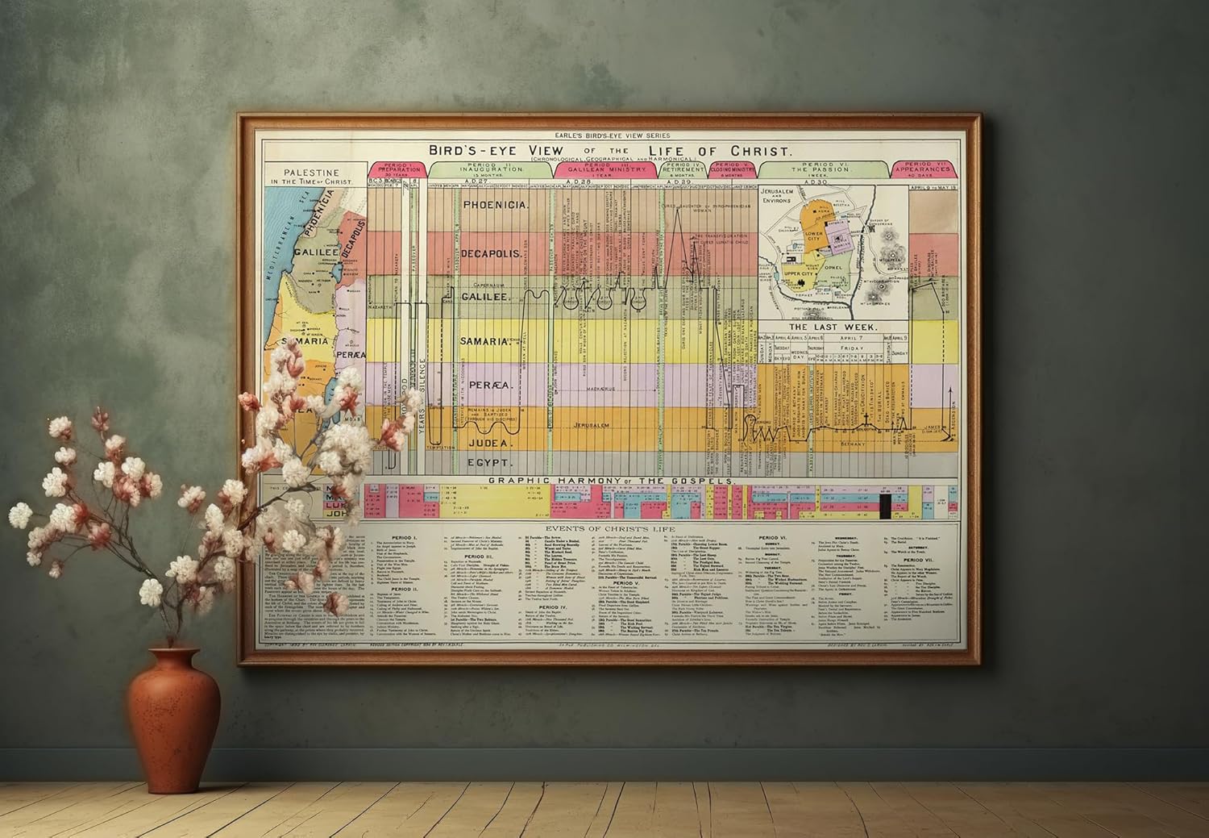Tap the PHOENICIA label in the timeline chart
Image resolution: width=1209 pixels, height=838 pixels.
tap(495, 206)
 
